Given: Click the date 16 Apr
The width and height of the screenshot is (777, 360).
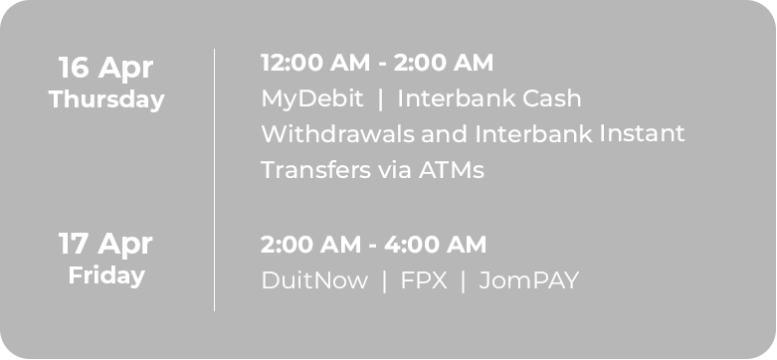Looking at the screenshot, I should click(105, 68).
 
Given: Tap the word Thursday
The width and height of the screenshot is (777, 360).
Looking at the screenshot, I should click(106, 100).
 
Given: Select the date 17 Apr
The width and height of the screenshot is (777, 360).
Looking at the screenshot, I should click(105, 244).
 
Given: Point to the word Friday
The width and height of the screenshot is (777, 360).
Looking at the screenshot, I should click(106, 275).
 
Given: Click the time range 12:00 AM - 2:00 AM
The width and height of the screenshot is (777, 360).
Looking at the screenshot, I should click(376, 64).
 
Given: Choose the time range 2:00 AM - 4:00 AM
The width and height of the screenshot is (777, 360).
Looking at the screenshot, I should click(373, 244).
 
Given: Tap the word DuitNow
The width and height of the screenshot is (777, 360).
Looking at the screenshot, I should click(314, 280).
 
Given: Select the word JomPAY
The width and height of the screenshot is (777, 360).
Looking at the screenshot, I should click(528, 280).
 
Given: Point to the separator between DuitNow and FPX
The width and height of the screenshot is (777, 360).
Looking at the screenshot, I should click(384, 280).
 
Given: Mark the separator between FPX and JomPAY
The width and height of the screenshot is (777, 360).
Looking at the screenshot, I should click(463, 280).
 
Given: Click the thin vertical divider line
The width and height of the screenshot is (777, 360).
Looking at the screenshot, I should click(214, 179).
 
